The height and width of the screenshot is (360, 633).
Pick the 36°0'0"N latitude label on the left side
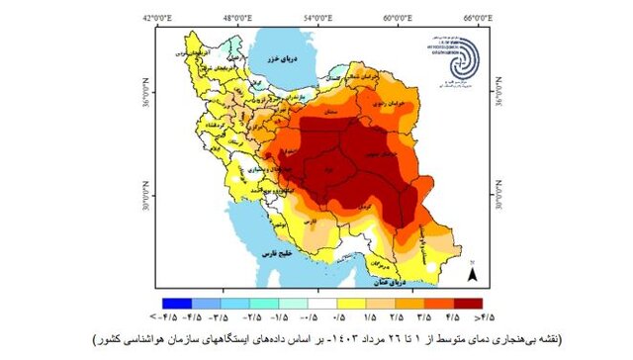(x=146, y=93)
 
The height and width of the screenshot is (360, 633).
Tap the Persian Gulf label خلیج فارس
(x=281, y=254)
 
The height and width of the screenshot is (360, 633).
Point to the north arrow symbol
(x=474, y=273)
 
